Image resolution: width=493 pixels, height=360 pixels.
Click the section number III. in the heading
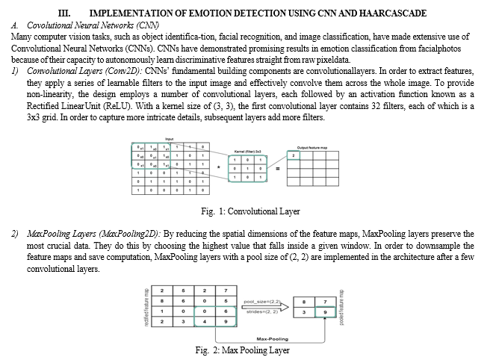click(x=64, y=13)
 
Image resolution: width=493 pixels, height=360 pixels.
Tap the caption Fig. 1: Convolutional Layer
click(x=245, y=211)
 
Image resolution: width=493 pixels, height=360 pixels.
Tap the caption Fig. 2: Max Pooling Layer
click(x=242, y=350)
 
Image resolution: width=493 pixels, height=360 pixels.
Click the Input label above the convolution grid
click(x=169, y=138)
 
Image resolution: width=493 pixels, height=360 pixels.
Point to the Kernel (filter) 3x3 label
click(x=248, y=150)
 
